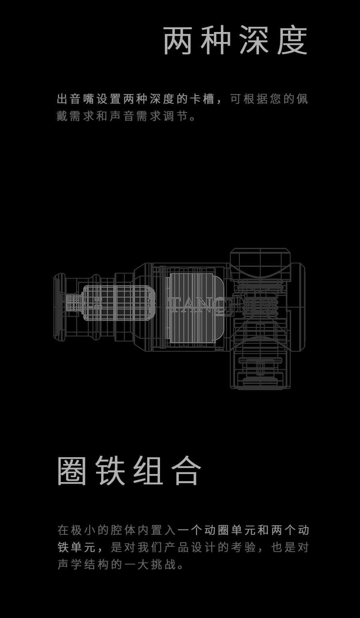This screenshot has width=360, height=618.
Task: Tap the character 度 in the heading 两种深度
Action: point(292,41)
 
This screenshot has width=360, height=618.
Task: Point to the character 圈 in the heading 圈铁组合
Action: point(72,471)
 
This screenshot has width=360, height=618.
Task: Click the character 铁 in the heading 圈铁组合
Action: point(110,471)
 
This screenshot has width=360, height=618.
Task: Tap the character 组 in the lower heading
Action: point(148,471)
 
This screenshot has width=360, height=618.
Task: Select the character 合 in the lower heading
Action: point(186,471)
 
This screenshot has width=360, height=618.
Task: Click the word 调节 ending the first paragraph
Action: point(176,116)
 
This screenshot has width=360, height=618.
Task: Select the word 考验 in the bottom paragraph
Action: point(243,548)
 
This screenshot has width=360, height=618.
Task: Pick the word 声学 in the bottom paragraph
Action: point(70,564)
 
